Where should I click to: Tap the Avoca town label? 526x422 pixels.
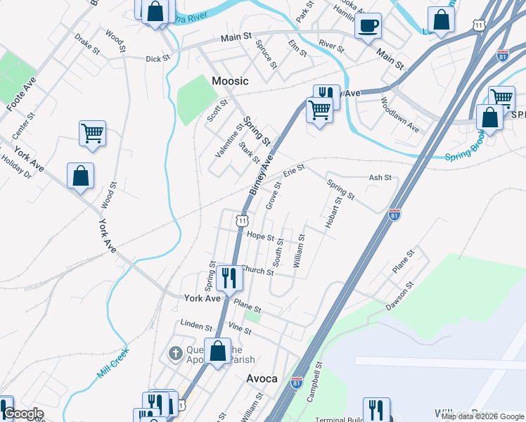pos(262,378)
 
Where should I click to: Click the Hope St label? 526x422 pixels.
pos(260,238)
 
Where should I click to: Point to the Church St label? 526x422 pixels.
pos(257,270)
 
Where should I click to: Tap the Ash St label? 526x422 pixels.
pos(380,178)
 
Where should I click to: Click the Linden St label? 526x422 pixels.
pos(196,326)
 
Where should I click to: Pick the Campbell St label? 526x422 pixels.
pos(314,382)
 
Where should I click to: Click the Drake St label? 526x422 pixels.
pos(88,46)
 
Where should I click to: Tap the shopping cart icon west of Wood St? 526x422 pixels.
pos(93,132)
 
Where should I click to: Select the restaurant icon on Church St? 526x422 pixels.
pos(228,277)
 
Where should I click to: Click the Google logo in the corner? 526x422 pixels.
pos(23,414)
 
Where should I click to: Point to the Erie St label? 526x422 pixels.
pos(293,171)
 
